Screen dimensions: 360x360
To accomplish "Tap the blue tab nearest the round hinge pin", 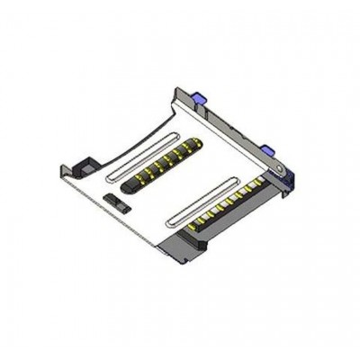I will [x=267, y=145].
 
